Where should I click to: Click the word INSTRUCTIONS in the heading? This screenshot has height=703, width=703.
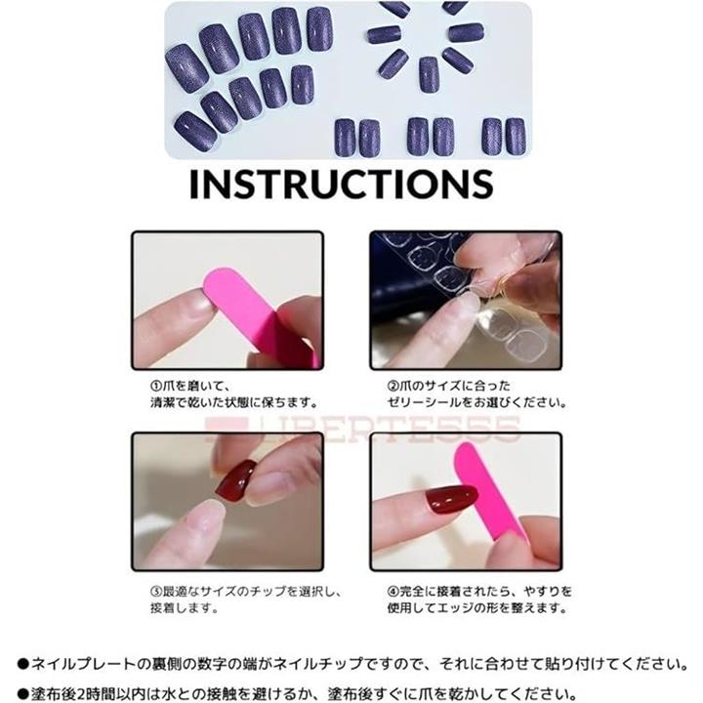coord(342,184)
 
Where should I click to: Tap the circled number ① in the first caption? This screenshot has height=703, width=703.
coord(155,386)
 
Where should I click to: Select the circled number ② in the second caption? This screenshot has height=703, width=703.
coord(393,386)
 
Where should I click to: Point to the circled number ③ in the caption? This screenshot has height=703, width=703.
coord(155,592)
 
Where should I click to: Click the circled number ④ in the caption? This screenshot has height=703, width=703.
coord(393,592)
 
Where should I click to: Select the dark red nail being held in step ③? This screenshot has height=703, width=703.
coord(236,479)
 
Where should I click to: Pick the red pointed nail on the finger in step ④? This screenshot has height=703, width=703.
coord(450,498)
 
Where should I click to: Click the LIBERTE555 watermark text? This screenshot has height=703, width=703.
coord(363,429)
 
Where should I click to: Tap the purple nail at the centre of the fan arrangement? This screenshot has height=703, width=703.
coord(429,74)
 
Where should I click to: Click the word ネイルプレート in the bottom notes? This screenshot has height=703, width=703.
coord(83,664)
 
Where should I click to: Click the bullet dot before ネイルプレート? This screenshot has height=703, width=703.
coord(23,664)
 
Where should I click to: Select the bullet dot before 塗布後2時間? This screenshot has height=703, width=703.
coord(23,694)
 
